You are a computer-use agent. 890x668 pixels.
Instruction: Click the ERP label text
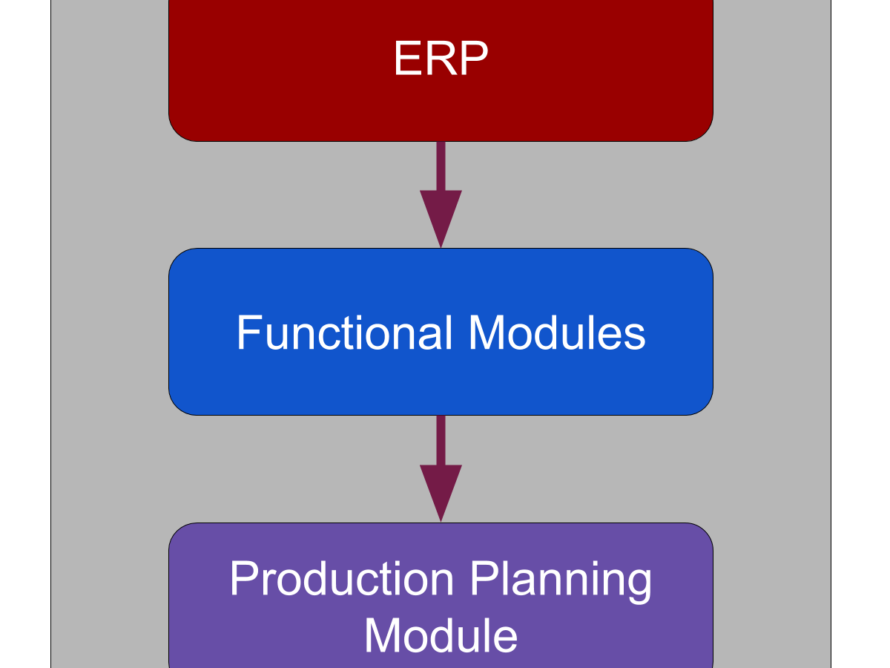tap(441, 58)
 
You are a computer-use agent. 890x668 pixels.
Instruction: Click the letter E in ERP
tap(408, 58)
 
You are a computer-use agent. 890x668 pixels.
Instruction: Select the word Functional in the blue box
tap(344, 333)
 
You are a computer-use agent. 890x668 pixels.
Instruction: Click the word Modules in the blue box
tap(557, 333)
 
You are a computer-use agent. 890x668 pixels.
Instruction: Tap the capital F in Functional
tap(248, 333)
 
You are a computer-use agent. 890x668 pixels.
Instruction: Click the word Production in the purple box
tap(341, 579)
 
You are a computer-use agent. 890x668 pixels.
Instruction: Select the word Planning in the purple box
tap(561, 583)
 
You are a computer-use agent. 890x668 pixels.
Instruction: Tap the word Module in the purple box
tap(441, 635)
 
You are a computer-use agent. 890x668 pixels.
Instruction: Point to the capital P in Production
tap(243, 578)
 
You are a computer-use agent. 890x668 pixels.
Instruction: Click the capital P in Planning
tap(484, 578)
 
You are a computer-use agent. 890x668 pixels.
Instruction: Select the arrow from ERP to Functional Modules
tap(441, 194)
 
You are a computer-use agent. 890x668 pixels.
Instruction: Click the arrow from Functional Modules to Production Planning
tap(441, 469)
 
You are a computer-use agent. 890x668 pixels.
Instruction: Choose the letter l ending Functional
tap(448, 333)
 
